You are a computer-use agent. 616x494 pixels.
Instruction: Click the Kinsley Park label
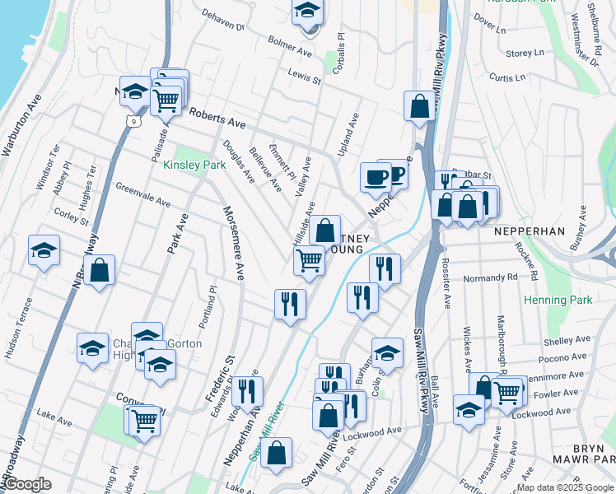[194, 165]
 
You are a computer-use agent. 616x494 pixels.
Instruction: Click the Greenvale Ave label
[142, 196]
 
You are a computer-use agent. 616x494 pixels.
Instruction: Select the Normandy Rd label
[489, 278]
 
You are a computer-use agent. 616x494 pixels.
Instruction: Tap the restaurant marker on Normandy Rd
[384, 268]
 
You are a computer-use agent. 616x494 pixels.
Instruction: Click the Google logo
[27, 484]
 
